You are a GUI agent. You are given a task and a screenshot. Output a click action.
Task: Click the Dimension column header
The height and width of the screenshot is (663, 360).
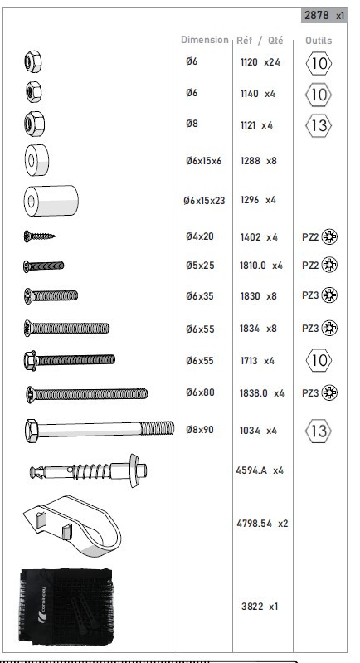[205, 40]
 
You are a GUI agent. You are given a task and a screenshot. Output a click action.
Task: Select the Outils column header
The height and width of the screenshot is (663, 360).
[319, 41]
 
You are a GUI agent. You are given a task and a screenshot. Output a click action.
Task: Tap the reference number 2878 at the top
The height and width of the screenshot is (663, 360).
[317, 16]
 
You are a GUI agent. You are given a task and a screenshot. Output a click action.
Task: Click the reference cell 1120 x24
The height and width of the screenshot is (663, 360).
[260, 62]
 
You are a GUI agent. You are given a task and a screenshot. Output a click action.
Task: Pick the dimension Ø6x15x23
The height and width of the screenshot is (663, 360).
[204, 201]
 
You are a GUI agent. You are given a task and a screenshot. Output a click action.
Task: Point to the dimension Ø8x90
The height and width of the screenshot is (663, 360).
[200, 430]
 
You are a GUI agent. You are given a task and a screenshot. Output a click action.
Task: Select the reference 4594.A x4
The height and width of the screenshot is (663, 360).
[260, 470]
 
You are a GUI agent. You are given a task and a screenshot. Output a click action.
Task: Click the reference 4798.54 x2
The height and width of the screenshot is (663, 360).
[262, 524]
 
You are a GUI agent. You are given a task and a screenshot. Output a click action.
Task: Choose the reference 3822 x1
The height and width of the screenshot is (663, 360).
[260, 607]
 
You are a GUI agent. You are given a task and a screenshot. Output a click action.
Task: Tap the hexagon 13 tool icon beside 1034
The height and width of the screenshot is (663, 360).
[319, 431]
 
